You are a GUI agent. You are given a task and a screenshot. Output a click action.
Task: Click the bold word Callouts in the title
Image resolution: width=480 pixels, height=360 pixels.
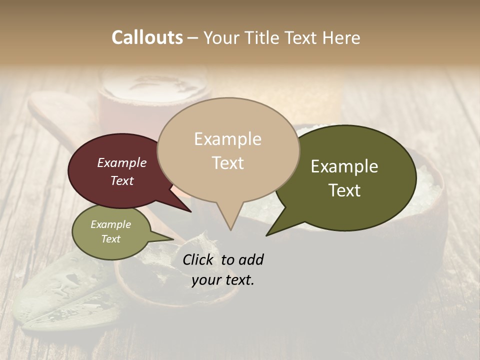147,38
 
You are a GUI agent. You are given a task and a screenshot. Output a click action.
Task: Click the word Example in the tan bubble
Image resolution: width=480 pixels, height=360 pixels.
227,139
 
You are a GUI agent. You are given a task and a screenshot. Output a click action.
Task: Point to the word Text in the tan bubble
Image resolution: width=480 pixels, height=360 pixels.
227,163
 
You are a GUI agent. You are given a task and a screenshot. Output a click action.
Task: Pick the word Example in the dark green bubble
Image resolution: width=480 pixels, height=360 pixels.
344,166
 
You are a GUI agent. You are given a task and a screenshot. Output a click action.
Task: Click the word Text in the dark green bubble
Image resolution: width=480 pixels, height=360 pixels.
344,190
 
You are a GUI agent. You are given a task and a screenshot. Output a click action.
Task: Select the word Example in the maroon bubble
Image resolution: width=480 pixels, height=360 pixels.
121,163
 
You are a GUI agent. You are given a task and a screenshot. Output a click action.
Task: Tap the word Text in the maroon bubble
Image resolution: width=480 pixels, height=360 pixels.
121,181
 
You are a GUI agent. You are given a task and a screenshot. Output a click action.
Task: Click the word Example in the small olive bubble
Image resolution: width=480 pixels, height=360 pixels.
110,224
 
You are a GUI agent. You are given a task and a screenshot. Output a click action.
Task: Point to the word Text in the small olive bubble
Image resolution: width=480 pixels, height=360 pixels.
110,239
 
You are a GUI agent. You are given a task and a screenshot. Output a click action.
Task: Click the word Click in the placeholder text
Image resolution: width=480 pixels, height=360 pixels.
197,259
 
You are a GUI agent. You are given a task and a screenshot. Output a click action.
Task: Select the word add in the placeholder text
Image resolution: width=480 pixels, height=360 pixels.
250,259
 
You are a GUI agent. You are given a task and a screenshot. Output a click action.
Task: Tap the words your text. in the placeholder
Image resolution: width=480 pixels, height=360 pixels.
222,280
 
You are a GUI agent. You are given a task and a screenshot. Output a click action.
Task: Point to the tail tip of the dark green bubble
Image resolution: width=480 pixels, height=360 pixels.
267,234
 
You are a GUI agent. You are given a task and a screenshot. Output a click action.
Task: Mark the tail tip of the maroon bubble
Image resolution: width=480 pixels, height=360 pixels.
190,211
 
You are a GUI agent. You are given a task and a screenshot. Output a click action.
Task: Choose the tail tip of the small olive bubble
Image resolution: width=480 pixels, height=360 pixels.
173,240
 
